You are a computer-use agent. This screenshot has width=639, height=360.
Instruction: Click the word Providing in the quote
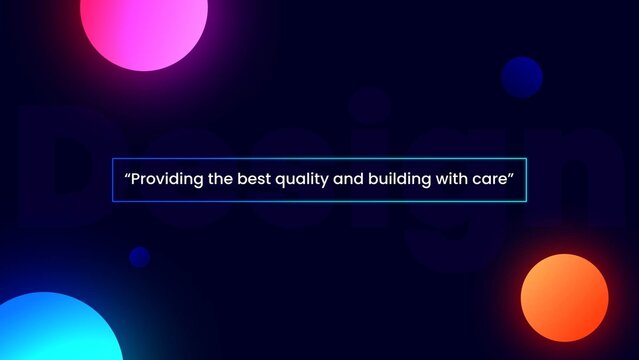(165, 181)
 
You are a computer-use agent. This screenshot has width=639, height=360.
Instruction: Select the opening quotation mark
(128, 177)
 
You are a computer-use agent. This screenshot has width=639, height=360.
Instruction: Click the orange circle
(564, 298)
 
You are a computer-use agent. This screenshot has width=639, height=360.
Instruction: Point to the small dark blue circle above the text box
(521, 76)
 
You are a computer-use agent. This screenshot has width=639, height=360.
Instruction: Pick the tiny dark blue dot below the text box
(139, 257)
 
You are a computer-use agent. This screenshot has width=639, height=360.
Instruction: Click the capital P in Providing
(137, 181)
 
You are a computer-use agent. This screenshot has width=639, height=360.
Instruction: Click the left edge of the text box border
(112, 181)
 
